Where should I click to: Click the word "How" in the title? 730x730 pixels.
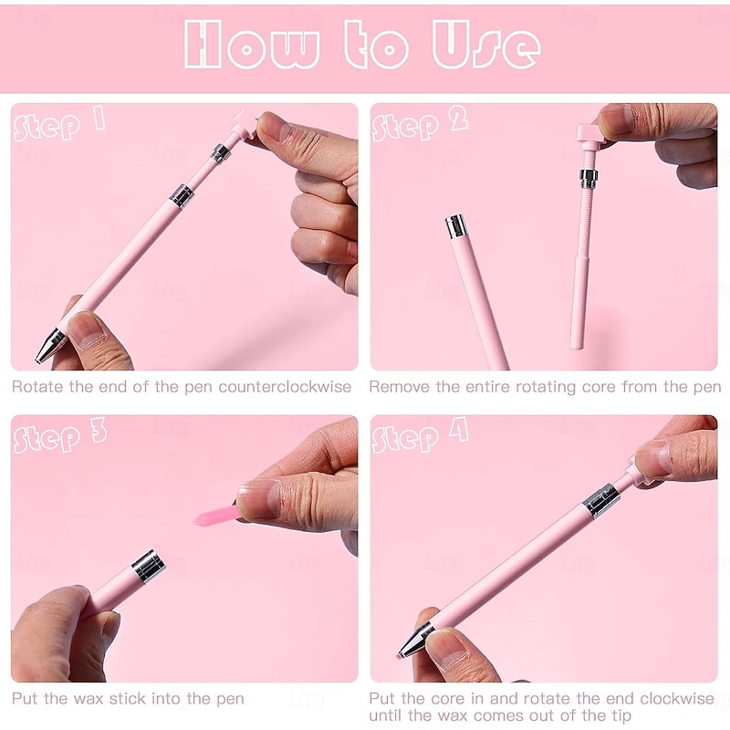[x=252, y=45]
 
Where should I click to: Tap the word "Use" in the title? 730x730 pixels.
[x=486, y=45]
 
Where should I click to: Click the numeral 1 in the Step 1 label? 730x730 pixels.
[x=99, y=119]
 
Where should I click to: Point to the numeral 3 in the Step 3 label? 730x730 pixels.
[x=99, y=431]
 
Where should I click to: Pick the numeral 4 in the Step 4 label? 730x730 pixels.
[x=459, y=430]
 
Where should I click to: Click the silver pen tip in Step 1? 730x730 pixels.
[x=50, y=346]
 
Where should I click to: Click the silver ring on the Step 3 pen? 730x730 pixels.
[x=149, y=566]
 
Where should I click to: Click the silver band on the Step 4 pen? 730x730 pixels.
[x=601, y=500]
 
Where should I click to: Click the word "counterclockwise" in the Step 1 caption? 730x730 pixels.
[x=285, y=387]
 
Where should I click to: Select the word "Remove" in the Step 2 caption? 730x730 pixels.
[x=400, y=387]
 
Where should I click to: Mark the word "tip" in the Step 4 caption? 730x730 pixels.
[x=620, y=715]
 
